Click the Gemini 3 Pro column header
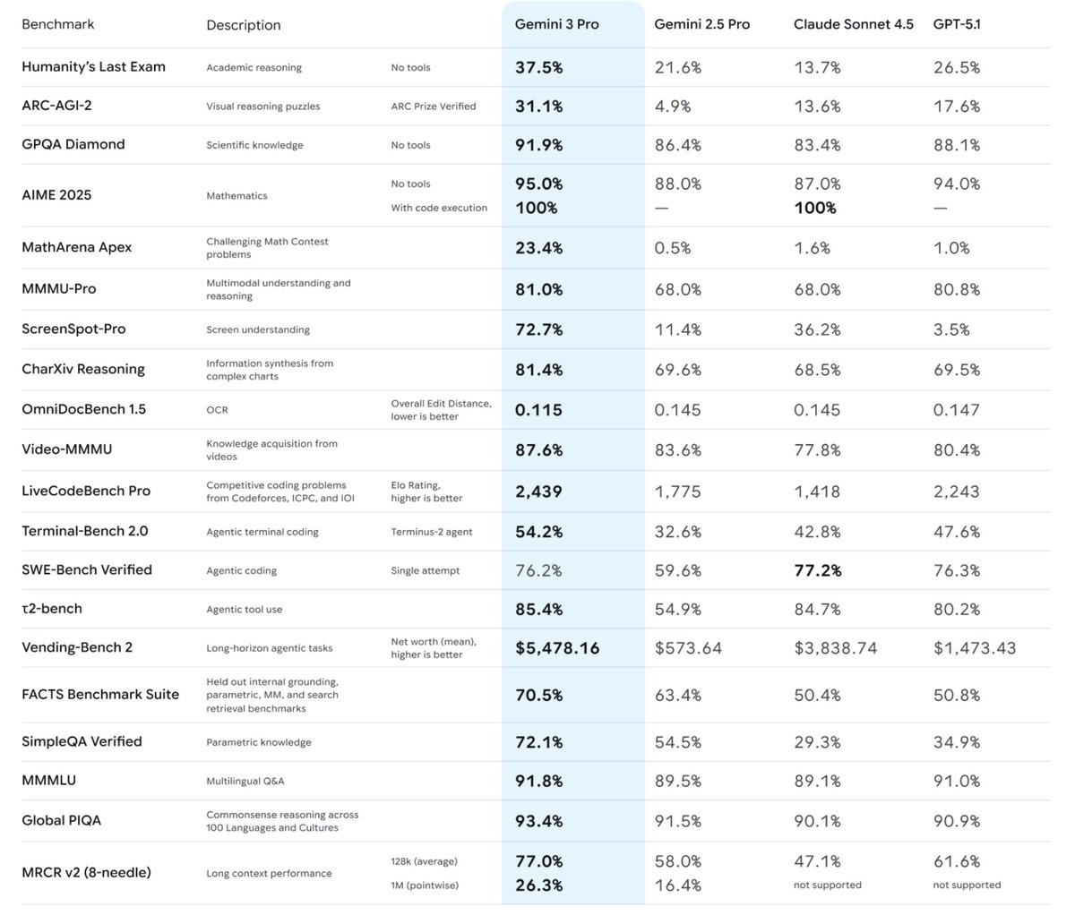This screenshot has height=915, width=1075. point(556,24)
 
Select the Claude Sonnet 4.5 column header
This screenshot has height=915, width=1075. point(853,24)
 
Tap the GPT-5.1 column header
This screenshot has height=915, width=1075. point(957,24)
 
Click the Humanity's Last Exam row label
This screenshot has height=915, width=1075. point(93,67)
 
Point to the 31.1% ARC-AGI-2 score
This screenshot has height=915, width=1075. point(538,106)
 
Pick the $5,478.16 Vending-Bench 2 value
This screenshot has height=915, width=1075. point(557,647)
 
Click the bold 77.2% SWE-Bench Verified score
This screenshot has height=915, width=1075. point(817,569)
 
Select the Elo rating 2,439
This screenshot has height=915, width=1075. point(538,491)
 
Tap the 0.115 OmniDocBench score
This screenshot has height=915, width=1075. point(538,410)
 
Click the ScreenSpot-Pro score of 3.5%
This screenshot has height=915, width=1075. point(951,329)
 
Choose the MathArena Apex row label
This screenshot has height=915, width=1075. point(76,247)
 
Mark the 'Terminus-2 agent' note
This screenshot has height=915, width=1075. point(432,532)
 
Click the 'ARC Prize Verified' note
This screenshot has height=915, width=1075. point(434,107)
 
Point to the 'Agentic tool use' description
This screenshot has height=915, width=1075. point(244,610)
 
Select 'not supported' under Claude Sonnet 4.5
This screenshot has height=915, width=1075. point(828,885)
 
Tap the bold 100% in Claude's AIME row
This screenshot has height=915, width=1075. point(814,208)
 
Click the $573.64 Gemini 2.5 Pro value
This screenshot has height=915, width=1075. point(688,647)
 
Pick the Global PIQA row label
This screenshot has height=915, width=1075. point(61,820)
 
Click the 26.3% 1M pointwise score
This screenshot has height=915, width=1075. point(538,885)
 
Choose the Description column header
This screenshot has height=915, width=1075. point(243,25)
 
